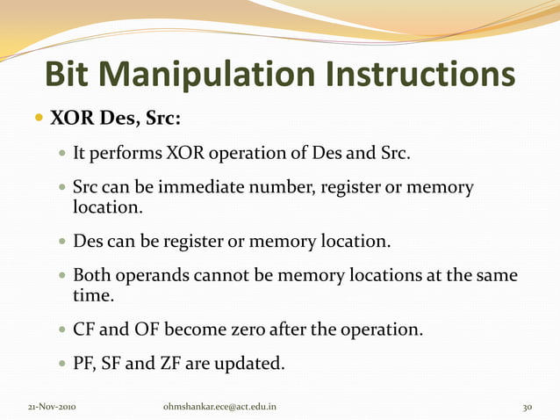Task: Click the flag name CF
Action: [85, 331]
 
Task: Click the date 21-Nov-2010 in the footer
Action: [50, 407]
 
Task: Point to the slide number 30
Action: [528, 407]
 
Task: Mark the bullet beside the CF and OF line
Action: [61, 331]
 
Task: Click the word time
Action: [91, 298]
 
